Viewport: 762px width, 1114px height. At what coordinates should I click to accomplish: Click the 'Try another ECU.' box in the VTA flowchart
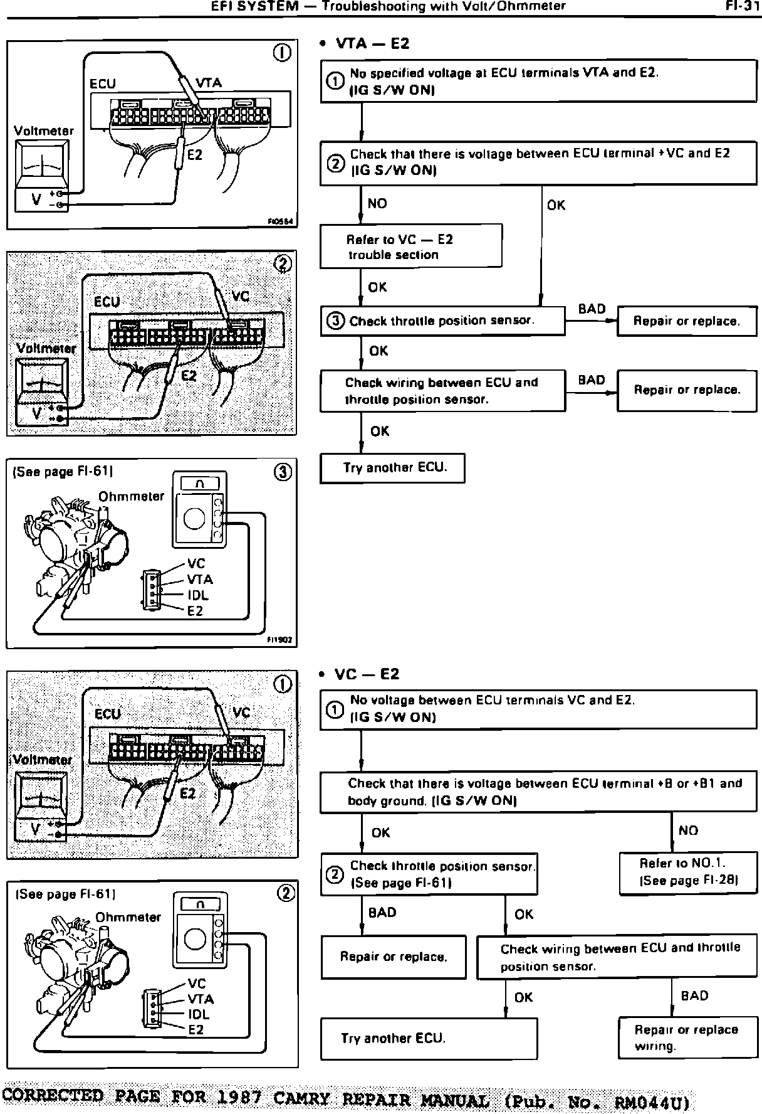coord(392,468)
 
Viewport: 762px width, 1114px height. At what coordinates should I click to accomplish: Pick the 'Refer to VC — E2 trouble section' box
coord(410,247)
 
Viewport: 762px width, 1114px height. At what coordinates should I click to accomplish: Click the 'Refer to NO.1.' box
coord(688,872)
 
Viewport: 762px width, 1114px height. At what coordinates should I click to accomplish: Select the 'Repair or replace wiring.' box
coord(687,1038)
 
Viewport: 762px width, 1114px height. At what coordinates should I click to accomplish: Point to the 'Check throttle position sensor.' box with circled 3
coord(442,321)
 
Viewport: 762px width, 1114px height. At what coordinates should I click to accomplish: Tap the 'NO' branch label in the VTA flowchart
coord(377,204)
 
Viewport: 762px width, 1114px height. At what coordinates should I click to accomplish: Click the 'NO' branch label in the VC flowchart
coord(688,830)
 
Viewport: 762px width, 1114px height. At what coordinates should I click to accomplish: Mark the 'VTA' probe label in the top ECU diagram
coord(209,83)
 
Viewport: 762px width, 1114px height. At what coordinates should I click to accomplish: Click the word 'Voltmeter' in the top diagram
coord(44,131)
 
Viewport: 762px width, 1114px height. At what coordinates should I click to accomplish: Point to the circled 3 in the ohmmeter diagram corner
coord(283,472)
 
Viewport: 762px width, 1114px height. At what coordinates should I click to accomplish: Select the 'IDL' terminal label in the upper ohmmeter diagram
coord(198,595)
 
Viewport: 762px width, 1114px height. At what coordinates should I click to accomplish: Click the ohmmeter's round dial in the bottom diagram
coord(194,938)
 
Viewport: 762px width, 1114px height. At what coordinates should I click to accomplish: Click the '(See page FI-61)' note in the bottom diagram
coord(65,894)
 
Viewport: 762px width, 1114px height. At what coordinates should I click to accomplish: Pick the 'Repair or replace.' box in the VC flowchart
coord(394,957)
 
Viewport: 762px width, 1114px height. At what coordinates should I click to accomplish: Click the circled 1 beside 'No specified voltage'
coord(336,80)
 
